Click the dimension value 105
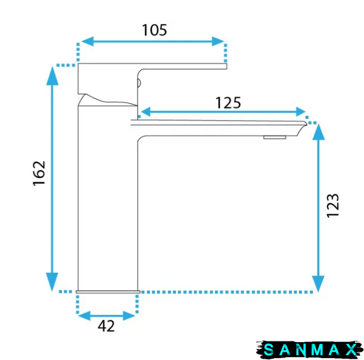(x=154, y=30)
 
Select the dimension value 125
(x=228, y=103)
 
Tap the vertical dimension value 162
(x=39, y=173)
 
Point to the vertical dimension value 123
(x=333, y=206)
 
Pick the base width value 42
(x=106, y=326)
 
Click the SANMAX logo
(x=310, y=350)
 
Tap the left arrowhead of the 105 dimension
(x=87, y=41)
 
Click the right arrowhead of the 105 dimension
(x=218, y=41)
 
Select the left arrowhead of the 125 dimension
(x=145, y=112)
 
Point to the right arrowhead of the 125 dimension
(x=300, y=112)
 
